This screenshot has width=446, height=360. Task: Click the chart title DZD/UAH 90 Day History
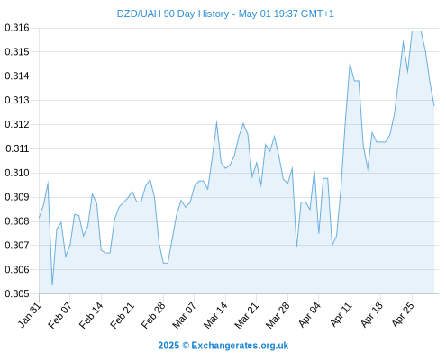[x=173, y=13]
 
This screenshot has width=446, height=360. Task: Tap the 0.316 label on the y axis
[x=17, y=28]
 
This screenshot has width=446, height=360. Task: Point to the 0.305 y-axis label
[x=17, y=293]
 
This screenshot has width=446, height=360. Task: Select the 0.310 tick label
[x=17, y=173]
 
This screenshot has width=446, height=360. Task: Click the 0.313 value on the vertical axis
[x=17, y=100]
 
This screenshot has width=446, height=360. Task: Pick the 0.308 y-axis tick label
[x=17, y=221]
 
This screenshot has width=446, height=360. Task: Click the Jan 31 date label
[x=30, y=315]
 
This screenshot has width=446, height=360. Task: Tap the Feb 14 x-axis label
[x=91, y=315]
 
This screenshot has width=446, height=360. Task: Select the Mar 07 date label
[x=184, y=315]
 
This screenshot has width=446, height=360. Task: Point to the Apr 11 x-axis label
[x=341, y=315]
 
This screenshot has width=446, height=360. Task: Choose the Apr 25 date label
[x=403, y=315]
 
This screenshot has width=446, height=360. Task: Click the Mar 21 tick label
[x=246, y=315]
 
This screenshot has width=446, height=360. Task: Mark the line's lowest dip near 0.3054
[x=52, y=284]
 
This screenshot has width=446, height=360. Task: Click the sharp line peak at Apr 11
[x=350, y=63]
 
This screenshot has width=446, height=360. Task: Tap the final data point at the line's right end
[x=434, y=106]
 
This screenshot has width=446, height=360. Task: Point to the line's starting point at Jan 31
[x=39, y=218]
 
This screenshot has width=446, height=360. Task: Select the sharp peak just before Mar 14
[x=216, y=121]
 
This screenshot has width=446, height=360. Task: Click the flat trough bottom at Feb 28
[x=166, y=263]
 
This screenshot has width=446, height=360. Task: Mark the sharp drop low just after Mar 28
[x=296, y=247]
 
